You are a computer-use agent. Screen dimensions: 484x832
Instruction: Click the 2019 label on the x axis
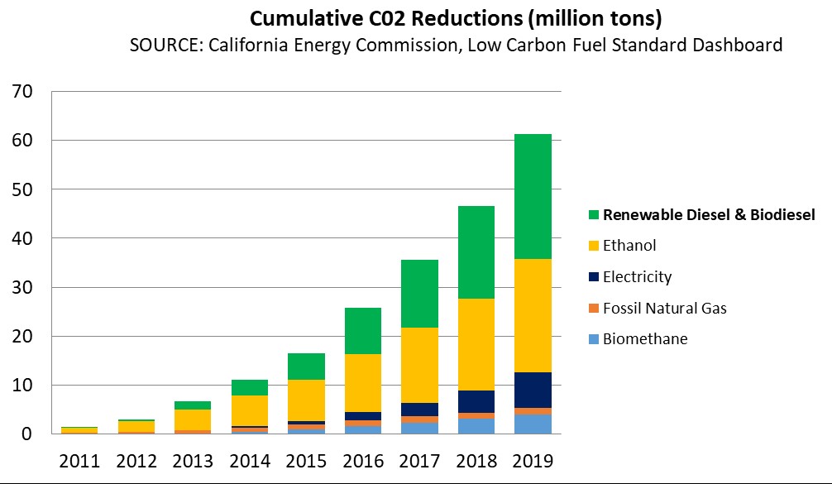pos(531,460)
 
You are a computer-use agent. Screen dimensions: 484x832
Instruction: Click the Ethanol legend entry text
pos(629,246)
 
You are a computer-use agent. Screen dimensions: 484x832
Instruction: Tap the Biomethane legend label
pos(645,339)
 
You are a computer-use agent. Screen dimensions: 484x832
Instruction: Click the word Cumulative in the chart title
pos(296,18)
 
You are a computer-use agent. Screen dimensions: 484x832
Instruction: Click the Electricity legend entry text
pos(637,277)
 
